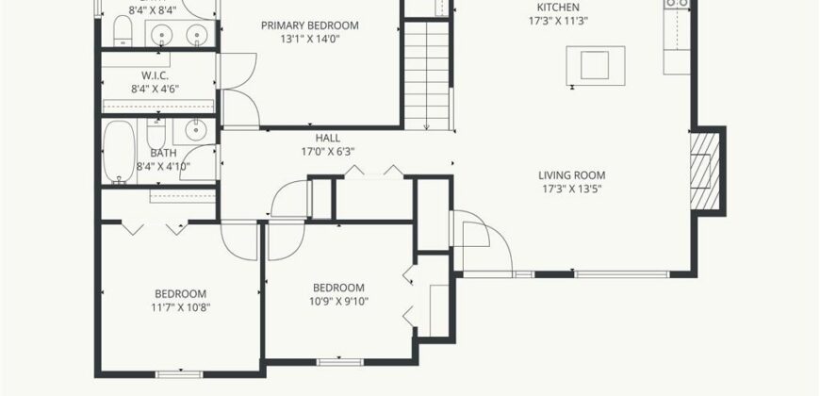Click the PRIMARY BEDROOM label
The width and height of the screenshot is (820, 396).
pos(310,25)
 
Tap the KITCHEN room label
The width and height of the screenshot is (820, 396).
pos(559,8)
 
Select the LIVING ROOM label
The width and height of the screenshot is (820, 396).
pos(572,175)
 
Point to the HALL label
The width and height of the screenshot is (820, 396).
pos(328,138)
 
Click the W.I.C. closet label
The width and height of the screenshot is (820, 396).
pos(155,75)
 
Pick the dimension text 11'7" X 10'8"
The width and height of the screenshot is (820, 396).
pos(181,307)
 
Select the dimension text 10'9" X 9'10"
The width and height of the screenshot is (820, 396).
pos(338,302)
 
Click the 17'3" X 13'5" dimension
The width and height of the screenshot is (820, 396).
pos(572,189)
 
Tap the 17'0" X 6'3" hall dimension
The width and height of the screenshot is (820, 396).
pos(328,152)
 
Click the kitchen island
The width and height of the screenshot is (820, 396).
pos(595,65)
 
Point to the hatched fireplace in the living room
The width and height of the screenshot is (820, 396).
pos(700,170)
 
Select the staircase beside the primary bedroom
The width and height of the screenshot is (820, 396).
pos(427,75)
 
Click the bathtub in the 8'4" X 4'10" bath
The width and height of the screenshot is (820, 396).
pos(120,152)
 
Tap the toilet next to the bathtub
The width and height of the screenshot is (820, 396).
pos(156,134)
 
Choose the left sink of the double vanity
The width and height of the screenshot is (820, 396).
pos(161,35)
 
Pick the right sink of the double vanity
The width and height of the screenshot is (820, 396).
pos(197,35)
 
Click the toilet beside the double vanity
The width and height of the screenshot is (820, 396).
pos(123,31)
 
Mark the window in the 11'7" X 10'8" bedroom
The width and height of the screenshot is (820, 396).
pos(179,374)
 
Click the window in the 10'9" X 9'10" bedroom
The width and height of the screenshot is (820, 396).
pos(340,362)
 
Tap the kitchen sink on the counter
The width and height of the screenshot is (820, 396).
pos(678,4)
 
